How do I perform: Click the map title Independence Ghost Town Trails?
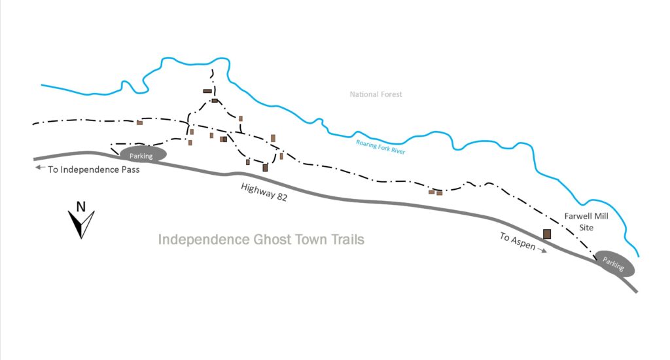261,240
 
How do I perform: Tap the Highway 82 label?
264,192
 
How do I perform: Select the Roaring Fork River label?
380,147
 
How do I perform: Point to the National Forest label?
376,95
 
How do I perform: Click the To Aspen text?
518,242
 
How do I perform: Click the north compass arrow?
82,225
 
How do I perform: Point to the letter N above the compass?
81,207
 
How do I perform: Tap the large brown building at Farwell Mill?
547,234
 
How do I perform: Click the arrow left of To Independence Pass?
41,168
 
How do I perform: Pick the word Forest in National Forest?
390,95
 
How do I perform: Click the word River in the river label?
398,151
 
